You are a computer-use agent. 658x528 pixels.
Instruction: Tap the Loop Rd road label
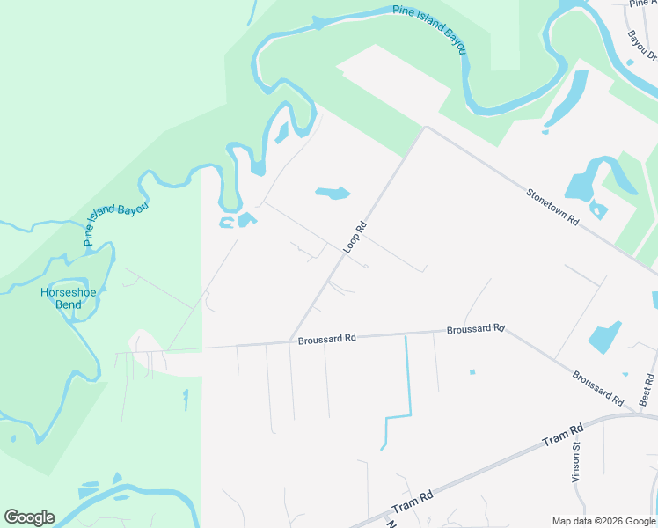click(354, 238)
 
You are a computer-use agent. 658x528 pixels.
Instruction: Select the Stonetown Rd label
click(552, 208)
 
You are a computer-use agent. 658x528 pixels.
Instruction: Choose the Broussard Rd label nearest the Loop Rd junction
click(326, 338)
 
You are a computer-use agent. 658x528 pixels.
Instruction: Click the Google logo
click(29, 517)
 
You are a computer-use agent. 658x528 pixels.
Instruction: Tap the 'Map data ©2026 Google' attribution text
click(603, 521)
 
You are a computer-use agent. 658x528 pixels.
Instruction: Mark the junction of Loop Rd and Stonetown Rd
click(426, 128)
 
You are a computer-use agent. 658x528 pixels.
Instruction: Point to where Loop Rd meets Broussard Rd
click(290, 342)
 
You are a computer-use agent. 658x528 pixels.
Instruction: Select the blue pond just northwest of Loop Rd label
click(333, 193)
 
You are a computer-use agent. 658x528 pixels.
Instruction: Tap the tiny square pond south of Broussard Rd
click(472, 371)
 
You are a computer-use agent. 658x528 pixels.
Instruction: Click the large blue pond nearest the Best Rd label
click(605, 337)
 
